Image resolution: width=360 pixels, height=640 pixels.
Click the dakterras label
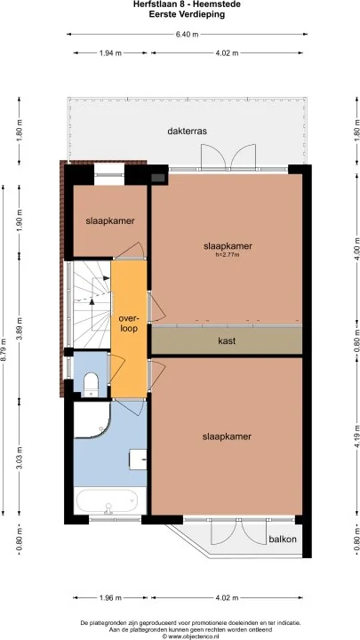[188, 132]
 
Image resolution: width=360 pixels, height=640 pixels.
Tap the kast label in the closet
[227, 340]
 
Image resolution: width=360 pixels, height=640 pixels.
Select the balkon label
[283, 540]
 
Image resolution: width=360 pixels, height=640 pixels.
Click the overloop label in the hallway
[129, 323]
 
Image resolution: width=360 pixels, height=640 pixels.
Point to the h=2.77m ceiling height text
[228, 255]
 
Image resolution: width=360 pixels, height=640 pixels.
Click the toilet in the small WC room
[91, 384]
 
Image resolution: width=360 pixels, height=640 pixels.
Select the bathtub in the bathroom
[110, 500]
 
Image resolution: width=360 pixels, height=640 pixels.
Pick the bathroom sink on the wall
[138, 460]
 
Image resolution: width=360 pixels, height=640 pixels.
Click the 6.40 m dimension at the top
[187, 35]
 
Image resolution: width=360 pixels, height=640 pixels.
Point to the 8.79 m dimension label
[4, 349]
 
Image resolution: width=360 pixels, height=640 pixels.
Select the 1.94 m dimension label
[110, 53]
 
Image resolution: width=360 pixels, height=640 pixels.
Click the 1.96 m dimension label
[110, 598]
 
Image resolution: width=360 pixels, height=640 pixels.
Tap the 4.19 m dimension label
[357, 436]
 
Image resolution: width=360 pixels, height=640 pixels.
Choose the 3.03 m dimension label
[20, 459]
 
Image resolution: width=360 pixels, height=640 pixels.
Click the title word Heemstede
[222, 5]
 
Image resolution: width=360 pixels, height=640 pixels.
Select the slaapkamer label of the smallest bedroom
[110, 220]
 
